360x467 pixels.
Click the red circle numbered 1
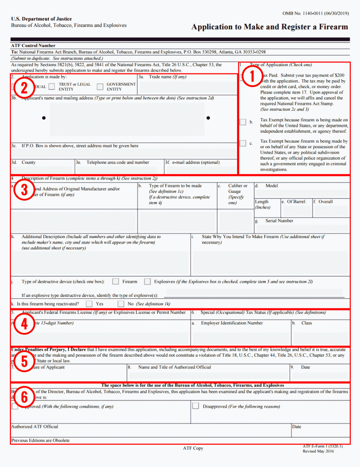click(x=250, y=77)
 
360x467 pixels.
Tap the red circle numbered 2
click(x=24, y=87)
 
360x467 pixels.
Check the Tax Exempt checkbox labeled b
click(x=243, y=122)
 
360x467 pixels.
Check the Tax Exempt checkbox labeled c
click(x=243, y=144)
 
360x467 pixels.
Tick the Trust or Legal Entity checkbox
click(x=51, y=87)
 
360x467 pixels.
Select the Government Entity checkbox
click(x=100, y=87)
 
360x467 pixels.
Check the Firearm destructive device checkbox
click(x=116, y=281)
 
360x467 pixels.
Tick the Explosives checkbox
click(x=148, y=281)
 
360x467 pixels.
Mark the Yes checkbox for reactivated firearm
click(x=89, y=303)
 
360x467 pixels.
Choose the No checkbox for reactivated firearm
click(x=121, y=303)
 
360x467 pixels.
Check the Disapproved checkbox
click(x=195, y=405)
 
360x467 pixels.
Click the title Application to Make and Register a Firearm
click(x=269, y=27)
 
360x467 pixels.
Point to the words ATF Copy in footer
click(x=193, y=448)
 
